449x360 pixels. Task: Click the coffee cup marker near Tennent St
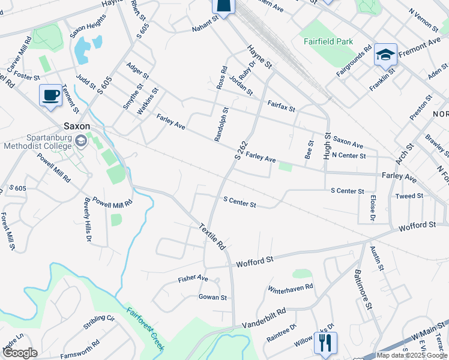50,95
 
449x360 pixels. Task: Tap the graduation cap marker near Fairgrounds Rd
384,55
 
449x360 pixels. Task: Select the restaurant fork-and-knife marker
325,343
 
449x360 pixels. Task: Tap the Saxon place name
77,127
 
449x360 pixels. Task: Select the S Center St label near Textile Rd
240,202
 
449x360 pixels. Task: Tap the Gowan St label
212,297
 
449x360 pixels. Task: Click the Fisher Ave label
193,279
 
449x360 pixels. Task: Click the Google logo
20,353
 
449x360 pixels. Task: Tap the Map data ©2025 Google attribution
412,355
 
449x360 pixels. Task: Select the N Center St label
349,156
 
